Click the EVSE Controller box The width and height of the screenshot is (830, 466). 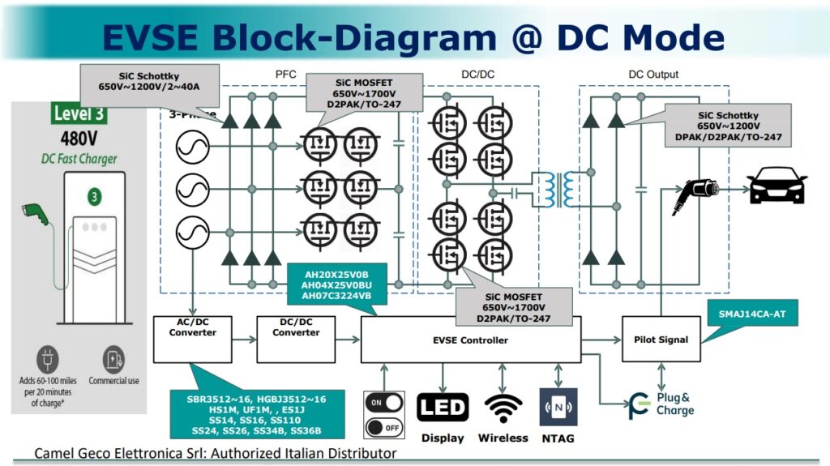click(470, 340)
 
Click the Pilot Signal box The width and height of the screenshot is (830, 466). click(660, 340)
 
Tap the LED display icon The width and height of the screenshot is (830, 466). click(443, 407)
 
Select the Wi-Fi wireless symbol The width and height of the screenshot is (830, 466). click(503, 407)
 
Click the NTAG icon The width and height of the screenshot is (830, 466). click(558, 407)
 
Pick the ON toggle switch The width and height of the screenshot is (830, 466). click(384, 401)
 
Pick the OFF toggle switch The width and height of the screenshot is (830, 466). click(384, 426)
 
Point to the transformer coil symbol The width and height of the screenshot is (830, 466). click(558, 189)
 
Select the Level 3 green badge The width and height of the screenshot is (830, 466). click(79, 113)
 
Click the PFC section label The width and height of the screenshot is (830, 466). click(286, 75)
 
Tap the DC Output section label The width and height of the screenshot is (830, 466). click(653, 75)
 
